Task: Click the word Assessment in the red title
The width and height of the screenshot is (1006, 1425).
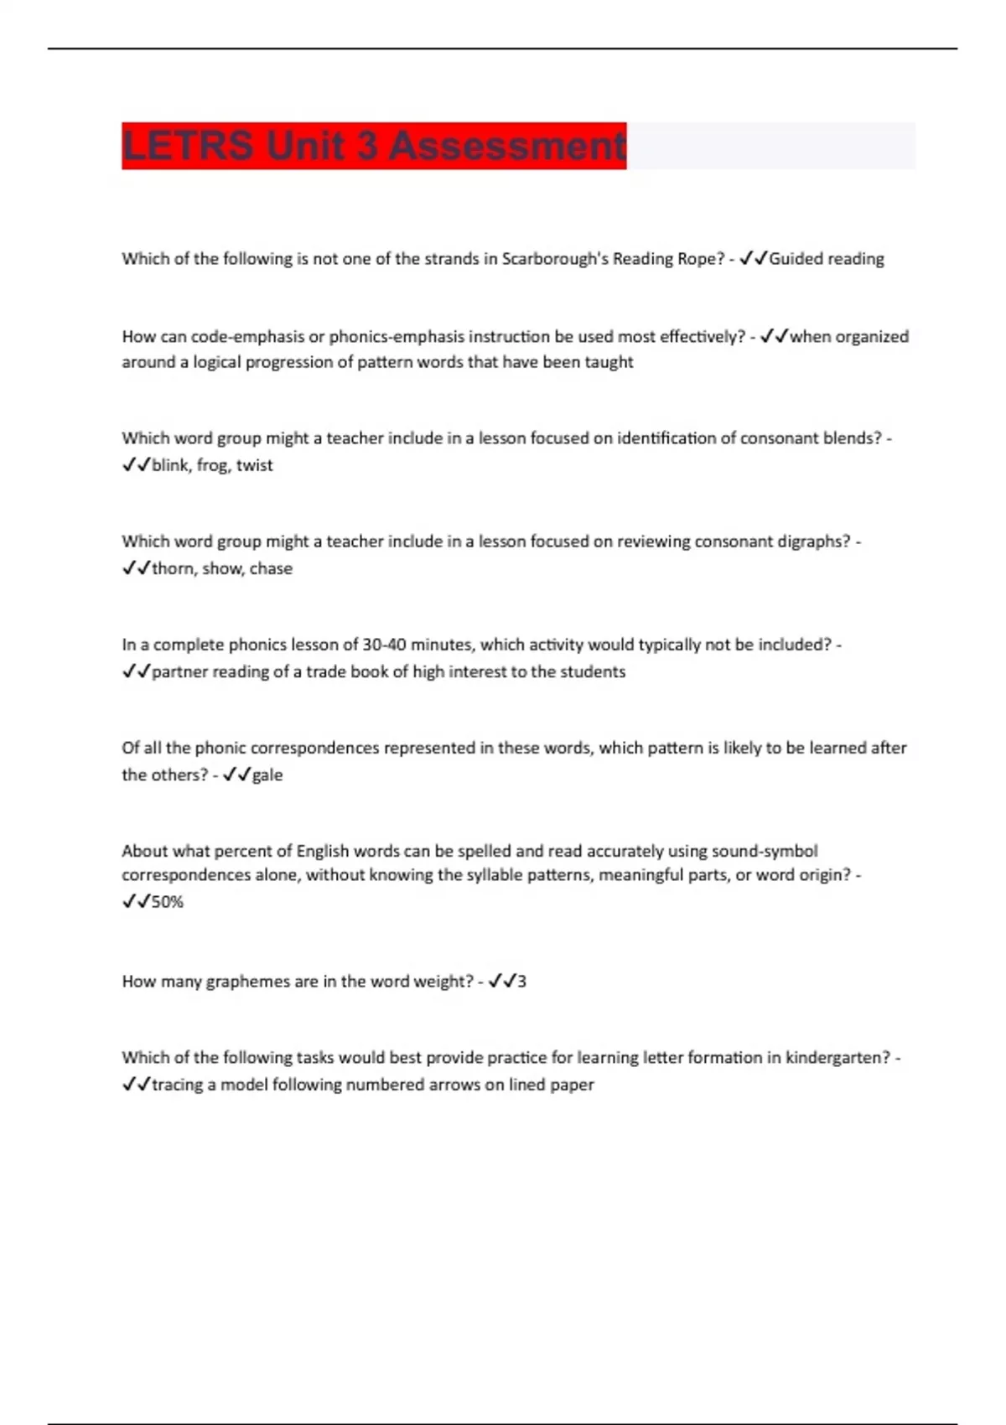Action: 507,146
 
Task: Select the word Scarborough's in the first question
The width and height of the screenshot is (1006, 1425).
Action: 555,259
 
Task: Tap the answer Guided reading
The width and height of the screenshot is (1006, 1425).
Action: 827,259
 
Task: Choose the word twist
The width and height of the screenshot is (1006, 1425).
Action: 255,465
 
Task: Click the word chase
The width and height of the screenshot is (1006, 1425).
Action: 271,568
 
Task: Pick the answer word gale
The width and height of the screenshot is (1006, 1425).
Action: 267,775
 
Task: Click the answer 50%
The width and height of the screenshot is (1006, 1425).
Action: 168,902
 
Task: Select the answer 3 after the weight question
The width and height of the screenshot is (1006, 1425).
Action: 521,982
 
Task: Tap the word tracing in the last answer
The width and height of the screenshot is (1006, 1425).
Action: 178,1085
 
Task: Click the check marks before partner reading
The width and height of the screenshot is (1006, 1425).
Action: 136,671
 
